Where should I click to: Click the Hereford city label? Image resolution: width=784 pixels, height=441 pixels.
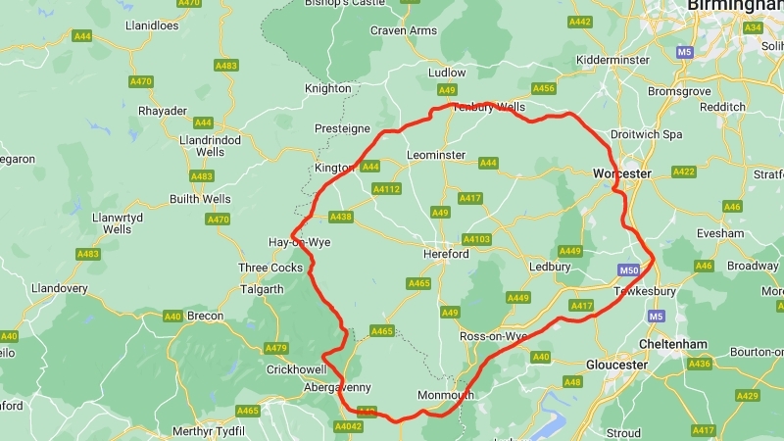(x=445, y=254)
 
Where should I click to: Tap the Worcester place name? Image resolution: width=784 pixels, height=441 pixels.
(x=621, y=173)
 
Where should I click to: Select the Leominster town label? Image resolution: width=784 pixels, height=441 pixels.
(x=436, y=155)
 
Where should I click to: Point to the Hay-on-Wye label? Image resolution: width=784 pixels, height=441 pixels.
(x=300, y=242)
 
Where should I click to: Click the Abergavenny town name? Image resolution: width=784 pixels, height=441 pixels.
(x=311, y=387)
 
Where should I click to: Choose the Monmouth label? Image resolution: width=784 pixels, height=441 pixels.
(x=446, y=396)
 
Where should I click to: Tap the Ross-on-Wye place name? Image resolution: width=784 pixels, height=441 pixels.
(x=494, y=336)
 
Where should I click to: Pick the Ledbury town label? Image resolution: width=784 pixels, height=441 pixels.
(x=549, y=267)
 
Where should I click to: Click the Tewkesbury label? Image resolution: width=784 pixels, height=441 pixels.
(x=645, y=292)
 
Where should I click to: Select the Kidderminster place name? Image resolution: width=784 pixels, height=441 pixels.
(x=613, y=60)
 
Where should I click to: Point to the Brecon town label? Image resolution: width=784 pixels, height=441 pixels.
(x=206, y=316)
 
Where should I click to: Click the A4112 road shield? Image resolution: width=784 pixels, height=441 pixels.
(x=387, y=189)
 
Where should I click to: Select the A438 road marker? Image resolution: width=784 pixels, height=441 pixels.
(x=340, y=217)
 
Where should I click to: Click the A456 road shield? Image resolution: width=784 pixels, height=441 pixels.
(x=543, y=88)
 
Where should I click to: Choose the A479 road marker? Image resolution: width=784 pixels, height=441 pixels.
(x=275, y=348)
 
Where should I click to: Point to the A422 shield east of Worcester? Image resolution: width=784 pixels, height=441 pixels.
(x=683, y=172)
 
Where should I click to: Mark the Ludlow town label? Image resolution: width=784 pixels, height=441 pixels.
(x=448, y=73)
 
